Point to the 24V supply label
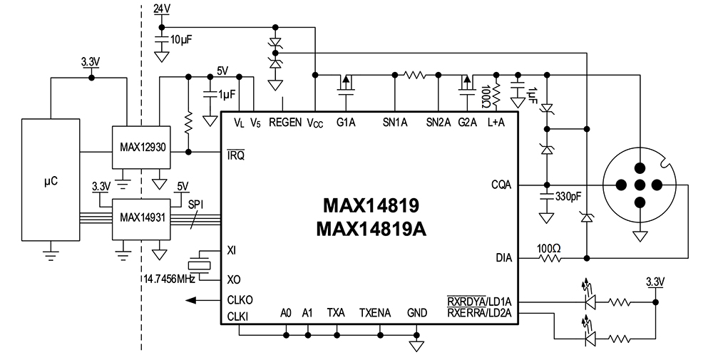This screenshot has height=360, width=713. (162, 9)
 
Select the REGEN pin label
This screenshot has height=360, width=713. (284, 123)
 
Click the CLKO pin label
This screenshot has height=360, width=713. (240, 299)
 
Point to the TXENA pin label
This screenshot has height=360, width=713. (375, 312)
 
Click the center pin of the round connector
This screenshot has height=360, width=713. (640, 184)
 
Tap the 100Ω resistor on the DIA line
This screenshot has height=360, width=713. (549, 257)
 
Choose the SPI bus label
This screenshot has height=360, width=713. (196, 204)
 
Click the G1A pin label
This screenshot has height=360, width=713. (346, 123)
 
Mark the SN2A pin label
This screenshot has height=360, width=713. (438, 123)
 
